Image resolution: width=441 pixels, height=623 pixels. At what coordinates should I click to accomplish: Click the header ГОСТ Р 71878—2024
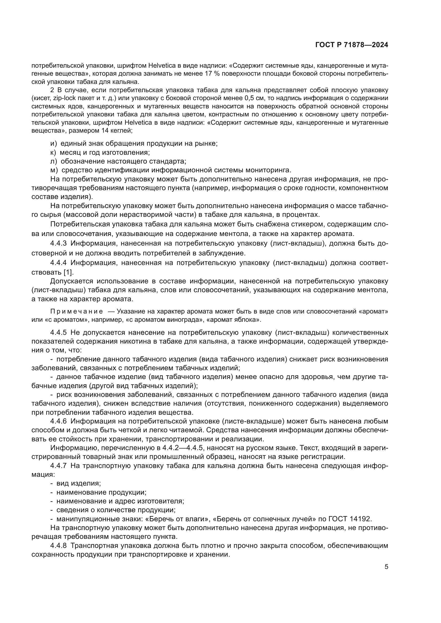352,45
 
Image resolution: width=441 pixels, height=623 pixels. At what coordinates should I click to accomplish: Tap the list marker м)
54,170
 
